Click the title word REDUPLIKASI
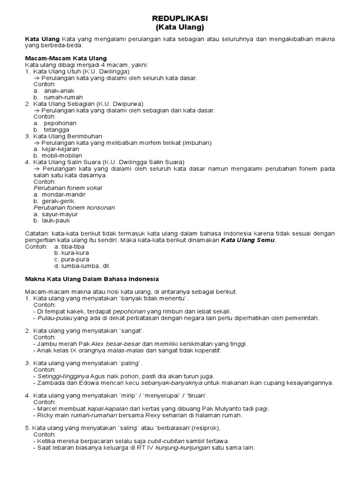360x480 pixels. (x=180, y=18)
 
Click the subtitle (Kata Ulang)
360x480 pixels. (x=180, y=28)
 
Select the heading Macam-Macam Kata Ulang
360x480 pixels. (x=66, y=58)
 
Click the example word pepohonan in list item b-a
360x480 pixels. (x=60, y=123)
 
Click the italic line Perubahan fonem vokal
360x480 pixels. (x=67, y=188)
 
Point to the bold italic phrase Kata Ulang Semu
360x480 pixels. (x=248, y=240)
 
